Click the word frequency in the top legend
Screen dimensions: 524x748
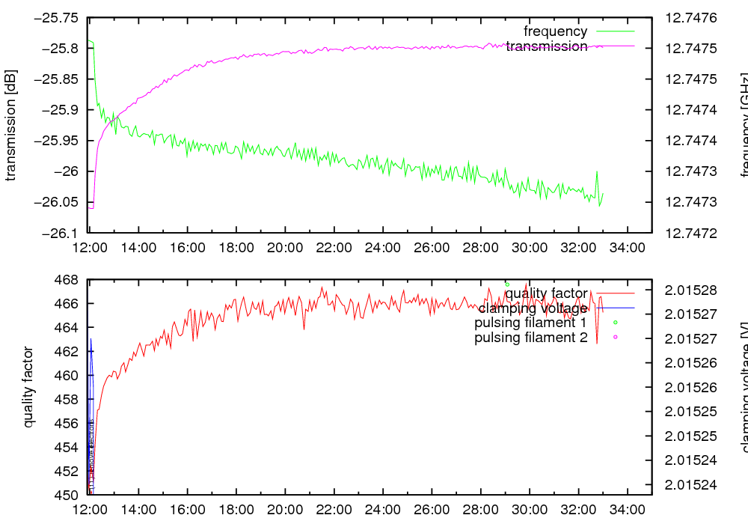555,31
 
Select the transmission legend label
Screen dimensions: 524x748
546,46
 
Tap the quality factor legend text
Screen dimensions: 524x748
546,293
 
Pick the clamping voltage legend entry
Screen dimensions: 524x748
533,308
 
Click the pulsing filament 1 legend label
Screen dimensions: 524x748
530,323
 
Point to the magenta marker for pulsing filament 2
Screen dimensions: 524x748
616,337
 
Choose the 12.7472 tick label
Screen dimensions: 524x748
690,233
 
